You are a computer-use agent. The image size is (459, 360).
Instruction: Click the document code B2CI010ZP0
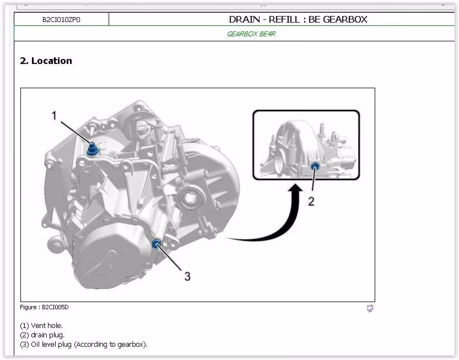(x=61, y=20)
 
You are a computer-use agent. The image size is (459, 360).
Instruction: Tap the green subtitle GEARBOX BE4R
(x=251, y=34)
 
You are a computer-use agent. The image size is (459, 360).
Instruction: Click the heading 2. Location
(x=46, y=61)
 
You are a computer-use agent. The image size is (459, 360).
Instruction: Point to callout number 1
(x=54, y=115)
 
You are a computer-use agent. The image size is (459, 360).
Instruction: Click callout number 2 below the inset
(x=311, y=201)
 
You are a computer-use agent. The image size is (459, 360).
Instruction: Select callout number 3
(x=188, y=276)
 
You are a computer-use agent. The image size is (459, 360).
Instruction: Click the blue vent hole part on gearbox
(x=93, y=149)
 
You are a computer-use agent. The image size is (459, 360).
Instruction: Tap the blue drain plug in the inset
(x=315, y=166)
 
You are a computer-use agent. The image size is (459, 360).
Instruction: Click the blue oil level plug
(x=156, y=243)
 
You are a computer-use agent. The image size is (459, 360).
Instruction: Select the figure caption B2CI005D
(x=44, y=307)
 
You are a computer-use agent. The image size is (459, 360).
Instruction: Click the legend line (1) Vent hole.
(x=41, y=325)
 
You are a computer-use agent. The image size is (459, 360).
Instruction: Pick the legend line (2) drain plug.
(x=42, y=335)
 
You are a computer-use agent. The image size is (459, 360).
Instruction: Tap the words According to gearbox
(x=111, y=344)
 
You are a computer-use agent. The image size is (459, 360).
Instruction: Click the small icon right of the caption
(x=370, y=308)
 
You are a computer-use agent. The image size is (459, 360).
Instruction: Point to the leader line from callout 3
(x=170, y=257)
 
